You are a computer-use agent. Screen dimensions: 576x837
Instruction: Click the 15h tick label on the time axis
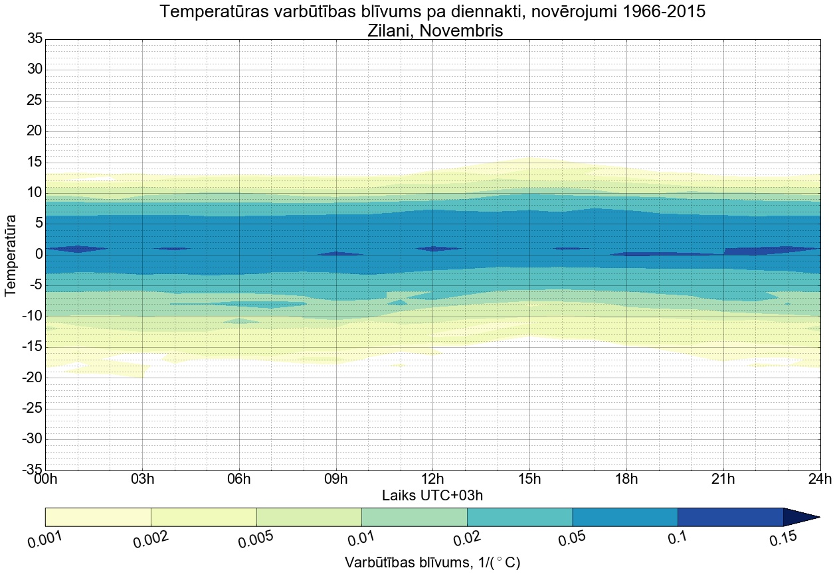529,479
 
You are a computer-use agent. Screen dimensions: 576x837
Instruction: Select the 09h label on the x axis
336,479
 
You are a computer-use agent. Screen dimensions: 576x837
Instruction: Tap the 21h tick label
723,479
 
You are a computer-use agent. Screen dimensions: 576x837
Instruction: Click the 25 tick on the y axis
35,100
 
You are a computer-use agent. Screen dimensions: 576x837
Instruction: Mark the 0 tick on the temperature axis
39,254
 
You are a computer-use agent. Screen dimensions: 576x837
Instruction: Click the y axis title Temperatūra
11,254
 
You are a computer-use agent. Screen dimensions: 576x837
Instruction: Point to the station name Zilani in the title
390,30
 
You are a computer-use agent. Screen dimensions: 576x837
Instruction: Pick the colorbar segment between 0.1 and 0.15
730,517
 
